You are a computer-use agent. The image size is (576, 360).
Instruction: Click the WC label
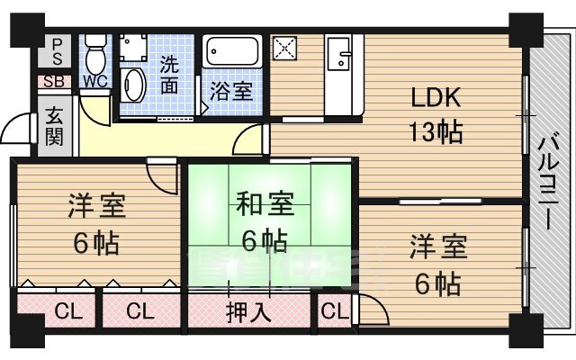point(94,81)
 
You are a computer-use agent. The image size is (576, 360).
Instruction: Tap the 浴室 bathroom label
point(231,90)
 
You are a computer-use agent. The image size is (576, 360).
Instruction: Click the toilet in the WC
point(95,55)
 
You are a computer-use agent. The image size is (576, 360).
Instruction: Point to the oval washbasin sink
point(135,85)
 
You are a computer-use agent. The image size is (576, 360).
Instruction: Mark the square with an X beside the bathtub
point(285,49)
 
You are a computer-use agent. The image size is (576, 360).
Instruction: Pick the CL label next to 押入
point(139,313)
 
